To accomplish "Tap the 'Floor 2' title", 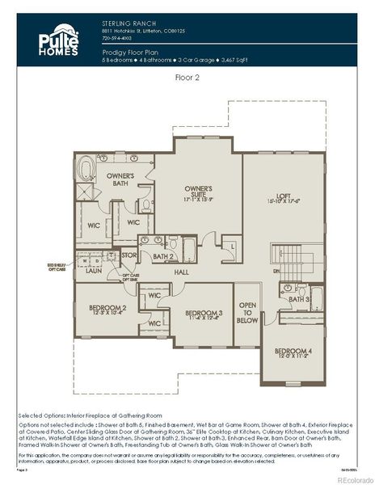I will pyautogui.click(x=187, y=78).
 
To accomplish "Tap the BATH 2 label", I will pyautogui.click(x=164, y=256).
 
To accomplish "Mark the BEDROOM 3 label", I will pyautogui.click(x=204, y=314).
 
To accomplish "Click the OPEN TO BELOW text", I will pyautogui.click(x=247, y=313).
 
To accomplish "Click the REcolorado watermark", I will pyautogui.click(x=348, y=478).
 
